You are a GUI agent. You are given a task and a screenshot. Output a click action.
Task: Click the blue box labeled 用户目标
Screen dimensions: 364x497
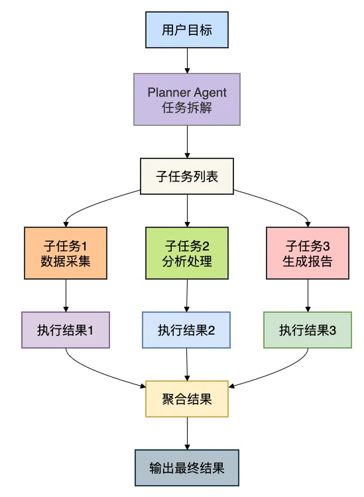tap(187, 30)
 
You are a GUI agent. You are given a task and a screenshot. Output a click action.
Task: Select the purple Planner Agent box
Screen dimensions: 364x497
tap(187, 99)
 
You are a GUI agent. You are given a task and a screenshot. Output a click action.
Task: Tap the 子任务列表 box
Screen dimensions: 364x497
tap(187, 176)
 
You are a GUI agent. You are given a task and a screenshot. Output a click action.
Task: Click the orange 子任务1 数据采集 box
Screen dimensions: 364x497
tap(66, 253)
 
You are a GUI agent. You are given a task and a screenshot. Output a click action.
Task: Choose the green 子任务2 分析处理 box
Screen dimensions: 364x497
tap(187, 253)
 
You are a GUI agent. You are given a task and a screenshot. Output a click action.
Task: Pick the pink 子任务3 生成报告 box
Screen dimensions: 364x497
tap(308, 253)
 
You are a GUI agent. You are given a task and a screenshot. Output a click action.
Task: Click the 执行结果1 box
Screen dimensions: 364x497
tap(66, 330)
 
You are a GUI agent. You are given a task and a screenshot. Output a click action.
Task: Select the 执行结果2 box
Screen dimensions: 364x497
tap(186, 330)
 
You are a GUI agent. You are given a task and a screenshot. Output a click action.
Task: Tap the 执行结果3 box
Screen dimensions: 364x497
tap(308, 330)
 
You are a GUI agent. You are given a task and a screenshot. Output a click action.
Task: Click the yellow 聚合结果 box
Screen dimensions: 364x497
tap(187, 399)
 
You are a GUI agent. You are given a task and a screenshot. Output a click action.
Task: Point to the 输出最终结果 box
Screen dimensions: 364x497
tap(187, 468)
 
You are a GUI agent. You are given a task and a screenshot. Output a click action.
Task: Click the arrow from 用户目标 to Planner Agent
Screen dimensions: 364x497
tap(187, 61)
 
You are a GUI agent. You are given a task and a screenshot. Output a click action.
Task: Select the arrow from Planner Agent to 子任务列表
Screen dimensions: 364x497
tap(187, 142)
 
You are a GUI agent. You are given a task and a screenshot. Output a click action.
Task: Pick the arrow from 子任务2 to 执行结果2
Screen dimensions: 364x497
tap(187, 296)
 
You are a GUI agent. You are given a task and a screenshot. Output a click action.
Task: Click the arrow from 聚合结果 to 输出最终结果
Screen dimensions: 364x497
tap(187, 433)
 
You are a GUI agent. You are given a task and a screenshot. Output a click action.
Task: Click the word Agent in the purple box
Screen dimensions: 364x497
tap(210, 93)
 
